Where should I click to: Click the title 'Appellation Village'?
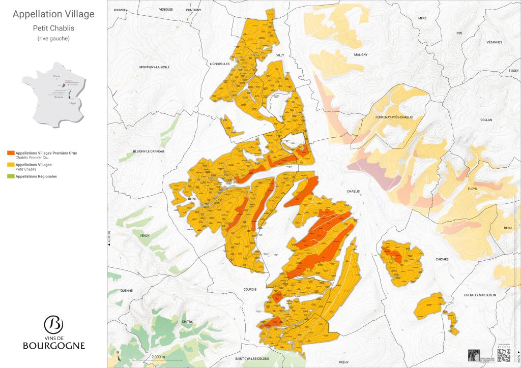point(53,14)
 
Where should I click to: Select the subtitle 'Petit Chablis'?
point(53,28)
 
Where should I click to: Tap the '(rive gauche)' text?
point(53,39)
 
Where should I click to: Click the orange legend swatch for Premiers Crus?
point(11,152)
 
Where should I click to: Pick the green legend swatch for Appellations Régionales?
point(11,176)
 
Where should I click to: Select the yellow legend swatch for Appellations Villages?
point(11,165)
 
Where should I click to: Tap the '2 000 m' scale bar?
point(158,358)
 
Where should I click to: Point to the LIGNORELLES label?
point(220,64)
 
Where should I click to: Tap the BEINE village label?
point(192,199)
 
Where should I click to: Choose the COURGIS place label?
point(250,289)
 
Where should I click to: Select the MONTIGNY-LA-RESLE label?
point(153,67)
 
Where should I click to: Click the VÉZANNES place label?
point(494,43)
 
